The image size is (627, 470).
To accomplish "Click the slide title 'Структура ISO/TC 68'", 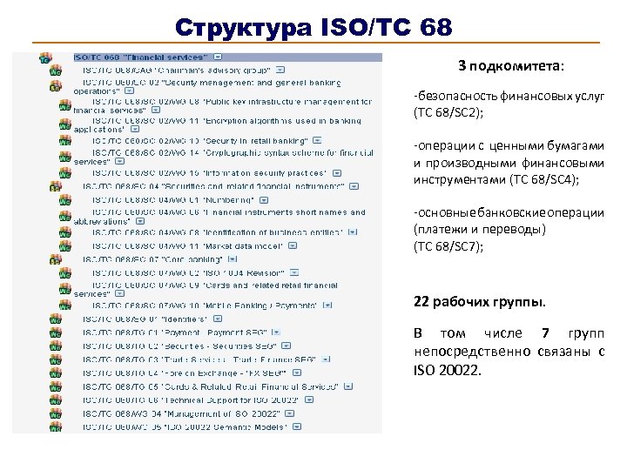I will [313, 27].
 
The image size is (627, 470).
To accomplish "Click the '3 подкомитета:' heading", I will [511, 65].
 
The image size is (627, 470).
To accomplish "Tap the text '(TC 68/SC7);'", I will [448, 246].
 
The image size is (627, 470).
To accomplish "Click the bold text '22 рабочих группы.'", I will [480, 302].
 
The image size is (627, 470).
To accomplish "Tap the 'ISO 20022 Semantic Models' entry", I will [186, 426].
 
